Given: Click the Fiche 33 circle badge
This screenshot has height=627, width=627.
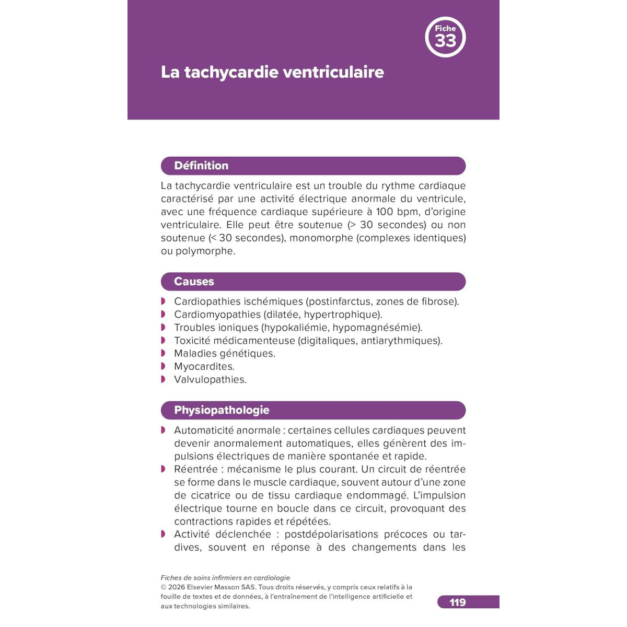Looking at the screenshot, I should (x=445, y=38).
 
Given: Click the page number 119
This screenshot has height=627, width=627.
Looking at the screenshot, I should (x=458, y=602).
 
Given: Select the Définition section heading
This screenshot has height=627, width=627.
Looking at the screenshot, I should (x=201, y=166).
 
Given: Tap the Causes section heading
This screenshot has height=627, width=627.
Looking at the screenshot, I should (x=194, y=282).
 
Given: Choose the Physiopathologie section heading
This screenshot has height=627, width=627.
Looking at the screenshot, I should (x=222, y=410).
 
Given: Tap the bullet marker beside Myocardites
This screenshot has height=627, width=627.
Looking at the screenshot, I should (x=164, y=366).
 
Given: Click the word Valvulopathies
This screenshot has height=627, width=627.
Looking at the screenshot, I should (x=210, y=379).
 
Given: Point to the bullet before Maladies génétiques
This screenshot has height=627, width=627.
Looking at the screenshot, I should (x=164, y=353).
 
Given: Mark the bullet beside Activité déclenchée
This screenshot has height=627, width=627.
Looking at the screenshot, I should (x=164, y=534).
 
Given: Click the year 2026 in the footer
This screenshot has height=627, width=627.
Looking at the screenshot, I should (x=177, y=587).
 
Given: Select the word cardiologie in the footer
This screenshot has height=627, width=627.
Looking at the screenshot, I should (x=272, y=578).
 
